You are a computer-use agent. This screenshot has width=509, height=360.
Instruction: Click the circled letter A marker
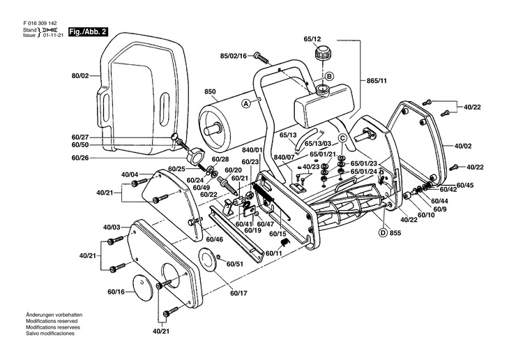point(245,103)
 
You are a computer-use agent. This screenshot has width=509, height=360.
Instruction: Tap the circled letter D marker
point(383,232)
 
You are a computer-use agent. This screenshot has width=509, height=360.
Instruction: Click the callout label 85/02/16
point(234,55)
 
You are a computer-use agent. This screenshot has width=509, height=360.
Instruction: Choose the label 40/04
point(130,174)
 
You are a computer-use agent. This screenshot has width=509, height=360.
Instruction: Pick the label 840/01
point(253,150)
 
